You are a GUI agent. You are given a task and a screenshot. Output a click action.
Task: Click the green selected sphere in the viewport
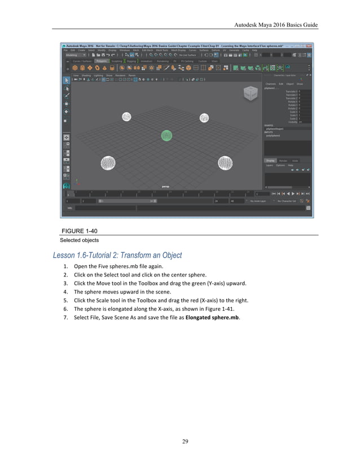(166, 135)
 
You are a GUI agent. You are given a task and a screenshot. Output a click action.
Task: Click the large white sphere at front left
(109, 164)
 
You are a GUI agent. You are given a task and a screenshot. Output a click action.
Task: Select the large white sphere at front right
(225, 163)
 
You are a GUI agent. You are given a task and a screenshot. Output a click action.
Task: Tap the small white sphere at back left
(127, 117)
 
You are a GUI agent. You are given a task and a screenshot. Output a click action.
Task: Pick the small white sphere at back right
(204, 117)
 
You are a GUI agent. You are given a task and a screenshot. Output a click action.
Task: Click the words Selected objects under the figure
(79, 240)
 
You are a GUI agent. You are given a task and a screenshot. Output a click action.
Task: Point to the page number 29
(185, 441)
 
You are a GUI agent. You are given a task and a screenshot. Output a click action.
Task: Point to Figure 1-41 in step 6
(215, 309)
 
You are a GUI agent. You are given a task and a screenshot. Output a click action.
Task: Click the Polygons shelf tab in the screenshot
(102, 61)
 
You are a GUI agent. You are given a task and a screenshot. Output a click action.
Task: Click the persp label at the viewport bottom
(165, 186)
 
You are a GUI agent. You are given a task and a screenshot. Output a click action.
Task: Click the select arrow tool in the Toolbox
(66, 80)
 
